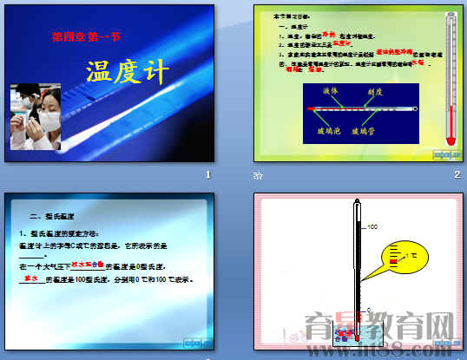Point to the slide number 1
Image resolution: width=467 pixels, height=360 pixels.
point(207,175)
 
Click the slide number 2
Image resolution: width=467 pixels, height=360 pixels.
point(457,175)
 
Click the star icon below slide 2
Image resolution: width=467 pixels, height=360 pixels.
point(257,176)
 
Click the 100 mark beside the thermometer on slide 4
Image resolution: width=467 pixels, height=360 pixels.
point(373,228)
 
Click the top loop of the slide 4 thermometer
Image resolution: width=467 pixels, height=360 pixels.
point(356,205)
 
